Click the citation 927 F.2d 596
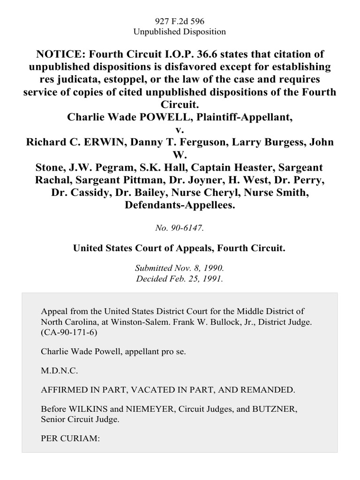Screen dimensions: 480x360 [180, 21]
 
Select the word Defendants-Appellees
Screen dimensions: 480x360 [180, 205]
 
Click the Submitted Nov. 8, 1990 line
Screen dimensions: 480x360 [180, 269]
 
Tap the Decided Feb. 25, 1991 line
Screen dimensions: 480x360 [180, 277]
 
